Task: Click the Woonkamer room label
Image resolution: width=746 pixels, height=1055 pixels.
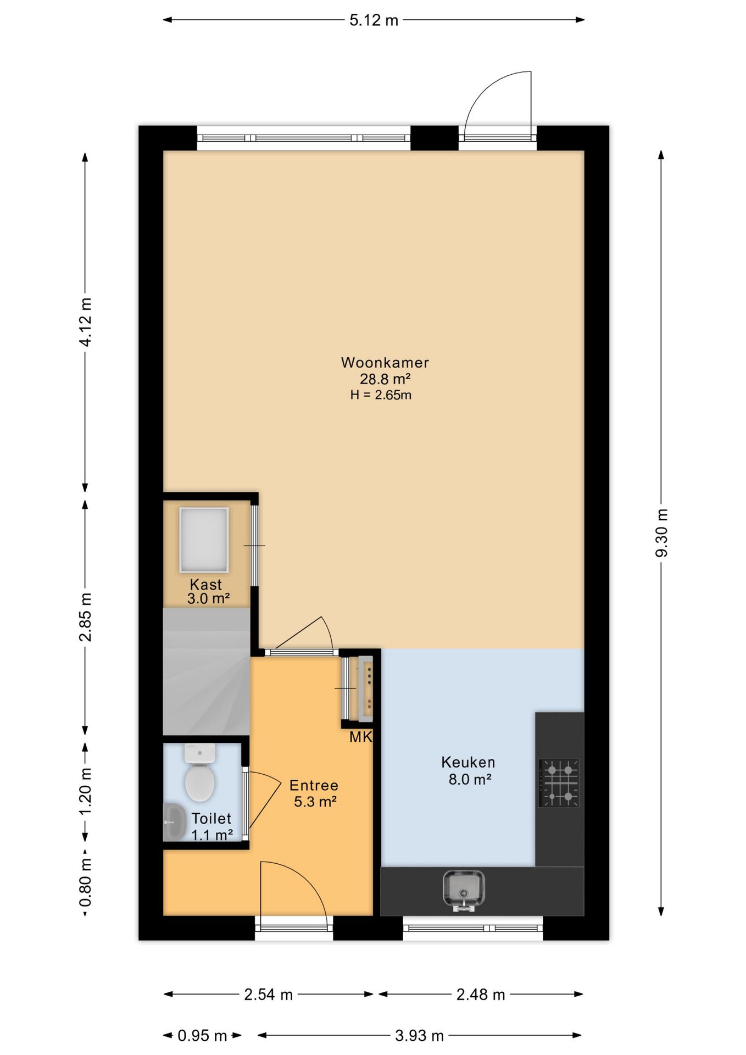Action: point(385,363)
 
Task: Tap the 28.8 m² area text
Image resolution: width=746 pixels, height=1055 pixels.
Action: point(385,379)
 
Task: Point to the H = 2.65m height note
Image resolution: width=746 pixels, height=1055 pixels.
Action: point(381,395)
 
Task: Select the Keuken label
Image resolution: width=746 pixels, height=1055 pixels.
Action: point(468,762)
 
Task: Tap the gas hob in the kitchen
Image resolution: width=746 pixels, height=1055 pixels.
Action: point(559,782)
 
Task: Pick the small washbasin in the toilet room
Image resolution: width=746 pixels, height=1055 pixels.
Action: point(174,821)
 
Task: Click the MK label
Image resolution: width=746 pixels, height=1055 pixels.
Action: point(361,737)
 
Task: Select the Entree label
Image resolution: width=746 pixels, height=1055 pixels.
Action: point(314,785)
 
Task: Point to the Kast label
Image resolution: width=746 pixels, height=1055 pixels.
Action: point(206,584)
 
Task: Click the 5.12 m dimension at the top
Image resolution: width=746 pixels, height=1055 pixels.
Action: point(374,20)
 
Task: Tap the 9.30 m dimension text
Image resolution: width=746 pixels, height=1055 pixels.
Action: point(661,532)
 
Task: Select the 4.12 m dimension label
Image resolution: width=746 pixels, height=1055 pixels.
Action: point(86,322)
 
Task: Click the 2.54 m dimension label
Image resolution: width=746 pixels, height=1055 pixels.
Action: point(268,995)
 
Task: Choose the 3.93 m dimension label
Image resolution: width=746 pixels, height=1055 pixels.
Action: point(419,1036)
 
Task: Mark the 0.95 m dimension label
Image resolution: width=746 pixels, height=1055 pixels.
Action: point(202,1036)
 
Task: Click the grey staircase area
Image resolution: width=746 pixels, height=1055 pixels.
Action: point(207,671)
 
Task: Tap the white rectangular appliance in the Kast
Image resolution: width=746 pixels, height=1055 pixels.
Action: point(204,540)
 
